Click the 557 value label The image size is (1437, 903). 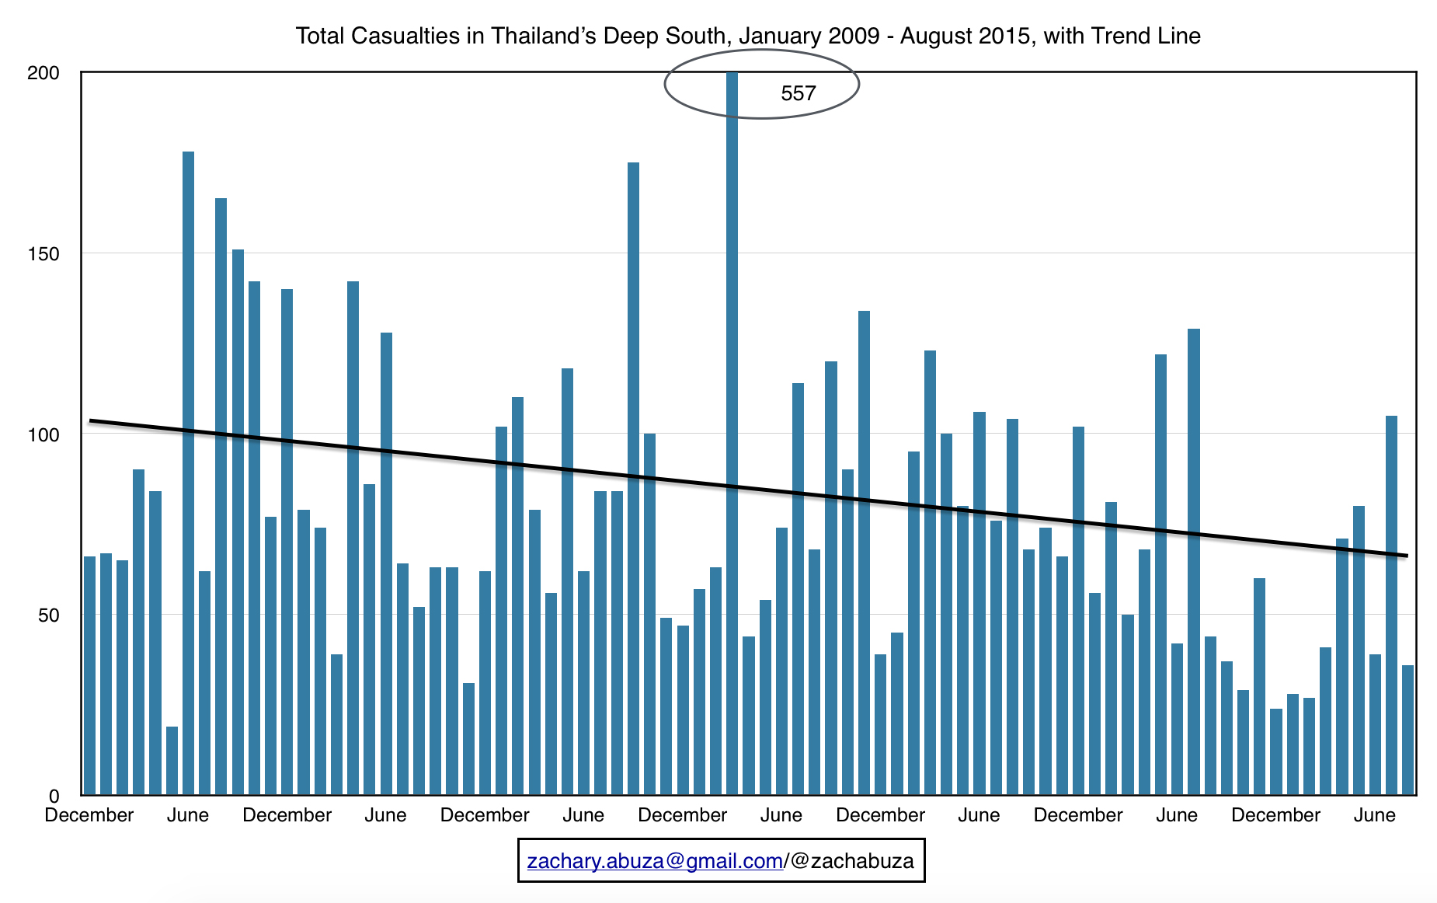[x=798, y=94]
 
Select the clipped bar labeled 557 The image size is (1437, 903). [x=732, y=435]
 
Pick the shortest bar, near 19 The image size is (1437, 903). [x=172, y=761]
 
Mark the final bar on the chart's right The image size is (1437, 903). [x=1407, y=730]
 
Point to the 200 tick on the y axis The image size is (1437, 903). [x=43, y=73]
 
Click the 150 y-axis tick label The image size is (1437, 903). [x=43, y=254]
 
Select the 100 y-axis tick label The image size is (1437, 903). [x=43, y=435]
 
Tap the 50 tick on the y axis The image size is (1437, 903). [x=48, y=615]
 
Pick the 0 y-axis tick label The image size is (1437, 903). [x=54, y=796]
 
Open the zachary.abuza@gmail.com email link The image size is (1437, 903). [x=654, y=861]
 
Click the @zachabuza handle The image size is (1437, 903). [x=852, y=861]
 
